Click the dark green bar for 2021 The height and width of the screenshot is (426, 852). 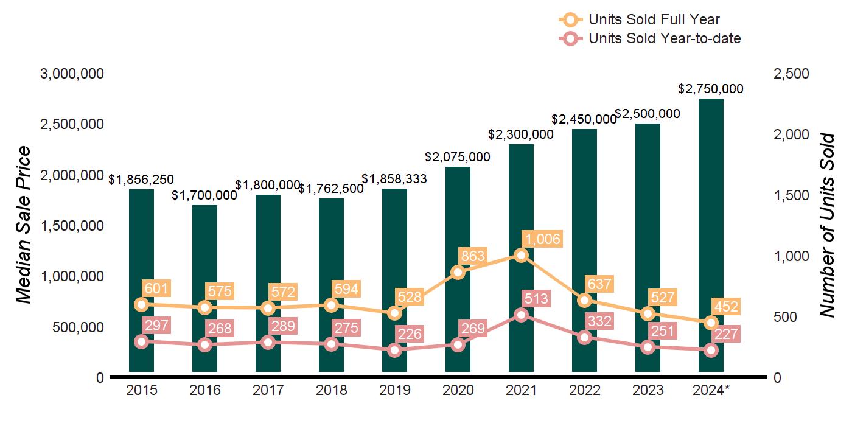521,201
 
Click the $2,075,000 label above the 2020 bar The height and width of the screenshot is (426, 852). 458,157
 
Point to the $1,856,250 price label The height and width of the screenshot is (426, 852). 141,180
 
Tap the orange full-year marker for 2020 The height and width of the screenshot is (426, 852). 458,271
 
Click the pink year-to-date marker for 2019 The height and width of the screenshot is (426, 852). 395,350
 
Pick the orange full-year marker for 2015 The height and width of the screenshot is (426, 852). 142,304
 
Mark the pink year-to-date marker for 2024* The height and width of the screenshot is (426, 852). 711,350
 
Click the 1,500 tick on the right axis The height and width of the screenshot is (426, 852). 791,195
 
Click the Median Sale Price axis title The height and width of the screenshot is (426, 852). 23,225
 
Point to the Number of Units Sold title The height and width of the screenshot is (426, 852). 826,225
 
